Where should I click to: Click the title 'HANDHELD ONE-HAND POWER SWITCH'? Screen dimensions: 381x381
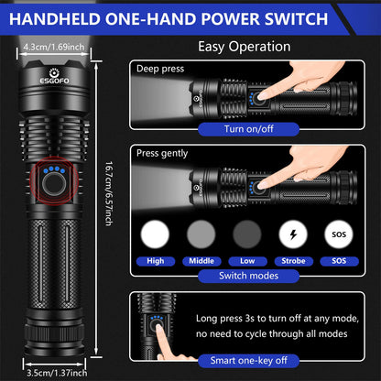coord(190,18)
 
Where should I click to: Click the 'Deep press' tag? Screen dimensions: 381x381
coord(160,69)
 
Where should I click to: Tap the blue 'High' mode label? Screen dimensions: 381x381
coord(156,260)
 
